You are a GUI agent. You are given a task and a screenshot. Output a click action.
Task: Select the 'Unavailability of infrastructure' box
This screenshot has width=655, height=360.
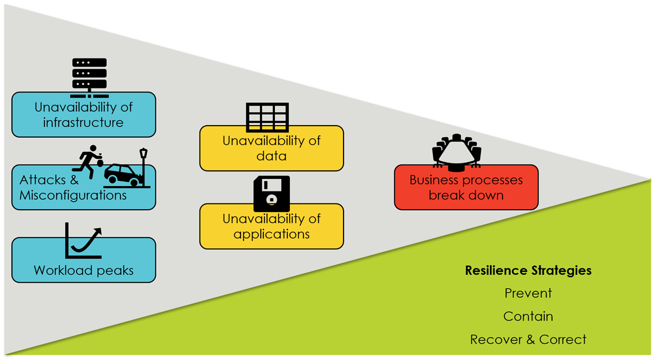(83, 115)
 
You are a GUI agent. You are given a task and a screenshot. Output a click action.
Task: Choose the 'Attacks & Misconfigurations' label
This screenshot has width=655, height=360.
(73, 188)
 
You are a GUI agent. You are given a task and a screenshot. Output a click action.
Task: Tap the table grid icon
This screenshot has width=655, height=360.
(267, 118)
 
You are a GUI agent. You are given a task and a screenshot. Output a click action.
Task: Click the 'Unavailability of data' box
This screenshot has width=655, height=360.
(271, 149)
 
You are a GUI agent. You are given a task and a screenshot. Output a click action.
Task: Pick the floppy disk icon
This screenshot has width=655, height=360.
(271, 194)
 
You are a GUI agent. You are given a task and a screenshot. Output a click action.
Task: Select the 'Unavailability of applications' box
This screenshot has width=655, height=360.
(271, 227)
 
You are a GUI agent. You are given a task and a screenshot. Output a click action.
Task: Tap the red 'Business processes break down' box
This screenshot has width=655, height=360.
(466, 188)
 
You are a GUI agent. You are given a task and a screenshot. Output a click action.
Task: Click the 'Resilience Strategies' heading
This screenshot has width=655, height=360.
(528, 270)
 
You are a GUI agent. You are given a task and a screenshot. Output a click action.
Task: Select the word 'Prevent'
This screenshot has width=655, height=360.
(528, 293)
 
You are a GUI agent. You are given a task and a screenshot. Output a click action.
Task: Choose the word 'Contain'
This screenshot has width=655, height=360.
(528, 316)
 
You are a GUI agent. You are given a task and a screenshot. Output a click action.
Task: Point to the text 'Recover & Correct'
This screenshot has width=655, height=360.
(528, 339)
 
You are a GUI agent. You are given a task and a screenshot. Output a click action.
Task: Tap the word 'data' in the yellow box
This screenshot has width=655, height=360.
(271, 155)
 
